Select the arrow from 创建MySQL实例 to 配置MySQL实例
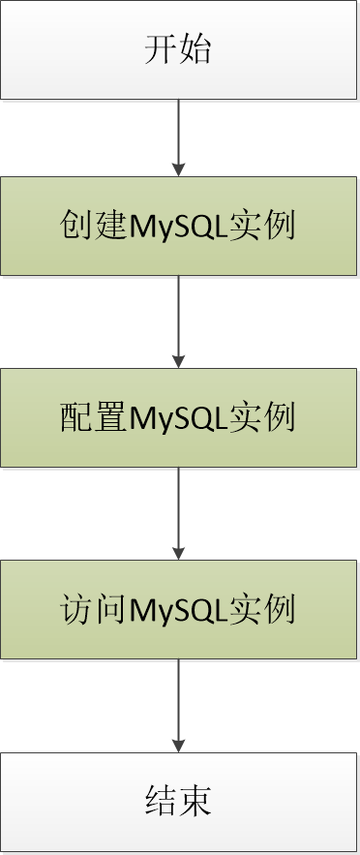(179, 320)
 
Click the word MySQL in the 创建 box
(179, 227)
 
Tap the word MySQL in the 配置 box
(179, 418)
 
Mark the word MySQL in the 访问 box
(179, 610)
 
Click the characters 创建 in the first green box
(94, 227)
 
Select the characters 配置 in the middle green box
(94, 418)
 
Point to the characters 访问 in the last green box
(94, 610)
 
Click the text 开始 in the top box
(178, 49)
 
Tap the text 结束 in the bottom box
(178, 802)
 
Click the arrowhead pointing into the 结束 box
(179, 746)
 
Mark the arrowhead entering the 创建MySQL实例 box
(179, 169)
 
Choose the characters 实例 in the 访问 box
(263, 610)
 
